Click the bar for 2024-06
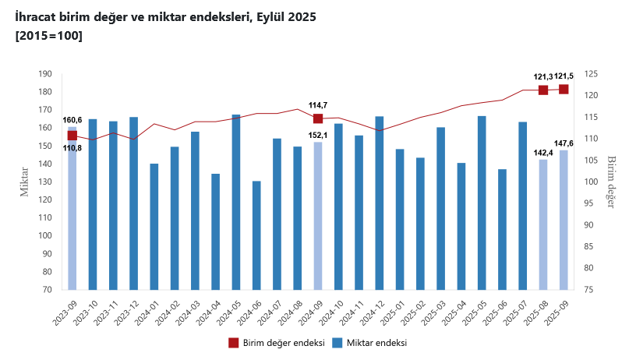[x=256, y=235]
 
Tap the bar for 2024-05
[x=236, y=202]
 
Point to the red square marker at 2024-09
[x=318, y=118]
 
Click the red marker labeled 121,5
[x=564, y=89]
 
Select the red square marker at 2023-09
[x=72, y=136]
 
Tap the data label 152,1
[x=318, y=134]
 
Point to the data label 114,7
[x=318, y=105]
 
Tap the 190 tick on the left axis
[x=45, y=74]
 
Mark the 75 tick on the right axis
[x=590, y=290]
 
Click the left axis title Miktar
[x=24, y=182]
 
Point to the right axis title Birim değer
[x=611, y=182]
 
